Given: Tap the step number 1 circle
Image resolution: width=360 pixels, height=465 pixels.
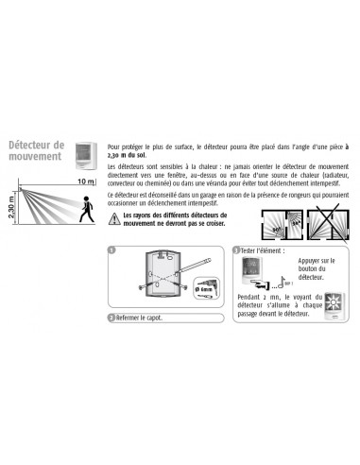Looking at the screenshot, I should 112,250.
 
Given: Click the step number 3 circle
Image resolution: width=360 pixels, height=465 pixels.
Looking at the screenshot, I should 235,250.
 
